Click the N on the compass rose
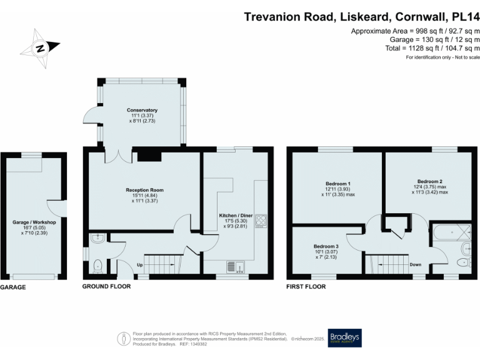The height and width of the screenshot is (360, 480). coord(40,49)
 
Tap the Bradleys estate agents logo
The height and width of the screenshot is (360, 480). coord(345,338)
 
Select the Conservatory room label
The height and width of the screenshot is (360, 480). coord(142,110)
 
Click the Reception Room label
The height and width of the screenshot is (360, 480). coord(144,190)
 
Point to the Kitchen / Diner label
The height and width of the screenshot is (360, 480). coord(236,216)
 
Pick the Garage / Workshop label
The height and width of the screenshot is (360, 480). coord(34,222)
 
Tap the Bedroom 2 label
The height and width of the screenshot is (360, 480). coord(430,181)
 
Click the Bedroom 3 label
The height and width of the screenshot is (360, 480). coord(326,246)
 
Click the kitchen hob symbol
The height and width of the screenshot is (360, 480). coord(261,221)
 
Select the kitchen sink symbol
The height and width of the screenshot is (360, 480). coord(236,267)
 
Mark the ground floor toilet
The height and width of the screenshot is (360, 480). coord(97,266)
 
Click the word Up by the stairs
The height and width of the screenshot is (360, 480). coord(139,265)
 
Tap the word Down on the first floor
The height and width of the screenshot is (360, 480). coord(416,264)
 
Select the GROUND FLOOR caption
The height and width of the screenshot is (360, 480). coord(106,286)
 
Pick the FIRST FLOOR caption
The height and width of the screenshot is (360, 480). coord(306,287)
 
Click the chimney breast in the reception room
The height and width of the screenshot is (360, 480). coord(149,156)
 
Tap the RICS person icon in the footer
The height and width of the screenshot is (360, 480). coord(124,339)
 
